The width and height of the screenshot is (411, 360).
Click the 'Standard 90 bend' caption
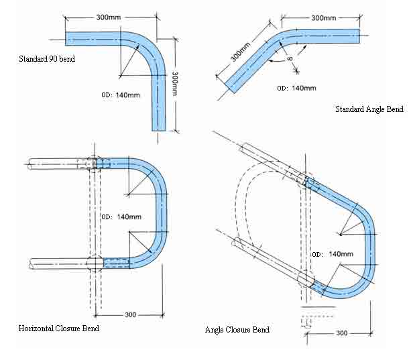(47, 59)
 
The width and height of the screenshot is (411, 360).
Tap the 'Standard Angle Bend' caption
(368, 109)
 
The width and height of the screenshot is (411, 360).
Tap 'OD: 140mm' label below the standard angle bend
(296, 88)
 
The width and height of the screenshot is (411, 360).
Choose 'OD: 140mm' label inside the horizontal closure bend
(121, 217)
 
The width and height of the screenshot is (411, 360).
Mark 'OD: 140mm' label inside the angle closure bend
(332, 254)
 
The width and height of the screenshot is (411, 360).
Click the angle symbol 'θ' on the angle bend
(290, 61)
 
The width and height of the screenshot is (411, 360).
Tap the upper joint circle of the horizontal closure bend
(95, 164)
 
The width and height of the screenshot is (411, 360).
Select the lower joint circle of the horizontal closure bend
(95, 263)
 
